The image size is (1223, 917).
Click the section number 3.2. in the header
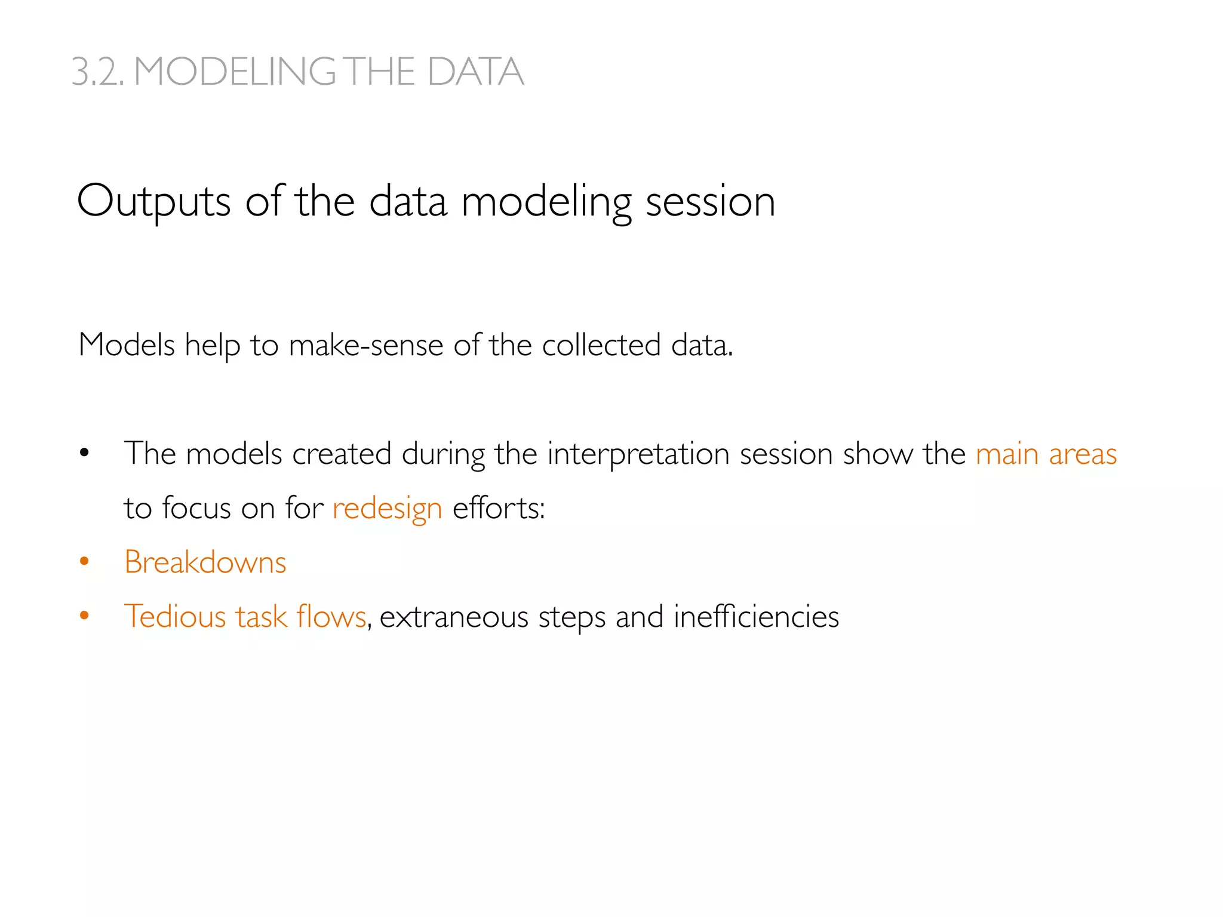[x=98, y=72]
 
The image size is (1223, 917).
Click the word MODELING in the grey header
[x=235, y=72]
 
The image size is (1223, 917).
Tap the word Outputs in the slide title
[x=153, y=202]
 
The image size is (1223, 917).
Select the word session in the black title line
[x=710, y=202]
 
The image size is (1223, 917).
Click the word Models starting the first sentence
[x=127, y=345]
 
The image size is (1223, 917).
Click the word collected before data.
[x=601, y=345]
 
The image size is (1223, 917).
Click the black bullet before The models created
[x=84, y=453]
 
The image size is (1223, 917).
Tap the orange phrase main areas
[x=1046, y=454]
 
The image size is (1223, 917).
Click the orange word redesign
[x=387, y=509]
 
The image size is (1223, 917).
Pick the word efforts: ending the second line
[x=499, y=509]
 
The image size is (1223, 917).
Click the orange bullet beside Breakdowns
[x=84, y=561]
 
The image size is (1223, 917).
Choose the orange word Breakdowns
[x=205, y=562]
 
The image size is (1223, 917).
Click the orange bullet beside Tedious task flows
[x=84, y=616]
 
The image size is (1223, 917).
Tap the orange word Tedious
[x=174, y=617]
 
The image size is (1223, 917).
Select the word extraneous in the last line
[x=454, y=617]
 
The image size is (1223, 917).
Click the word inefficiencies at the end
[x=756, y=617]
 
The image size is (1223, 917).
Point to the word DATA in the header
[x=475, y=72]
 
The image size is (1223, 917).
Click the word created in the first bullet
[x=342, y=454]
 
